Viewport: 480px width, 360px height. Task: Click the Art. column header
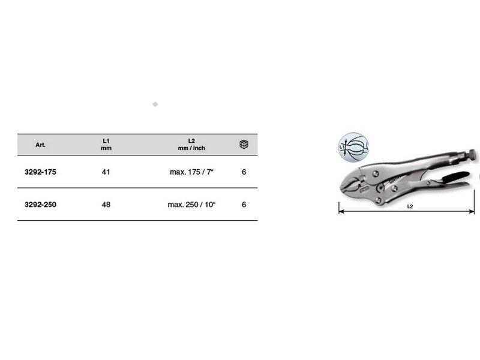coord(40,145)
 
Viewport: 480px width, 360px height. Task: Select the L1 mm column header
coord(106,145)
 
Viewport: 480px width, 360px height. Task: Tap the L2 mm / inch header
coord(191,145)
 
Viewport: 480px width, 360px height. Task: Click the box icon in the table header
coord(244,144)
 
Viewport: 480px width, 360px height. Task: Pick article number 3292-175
coord(40,172)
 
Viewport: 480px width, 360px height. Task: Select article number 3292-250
coord(40,205)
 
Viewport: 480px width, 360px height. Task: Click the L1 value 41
coord(106,172)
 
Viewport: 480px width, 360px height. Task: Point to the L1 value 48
coord(106,205)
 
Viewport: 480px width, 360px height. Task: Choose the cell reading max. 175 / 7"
coord(191,172)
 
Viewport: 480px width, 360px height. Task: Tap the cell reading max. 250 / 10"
coord(191,205)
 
